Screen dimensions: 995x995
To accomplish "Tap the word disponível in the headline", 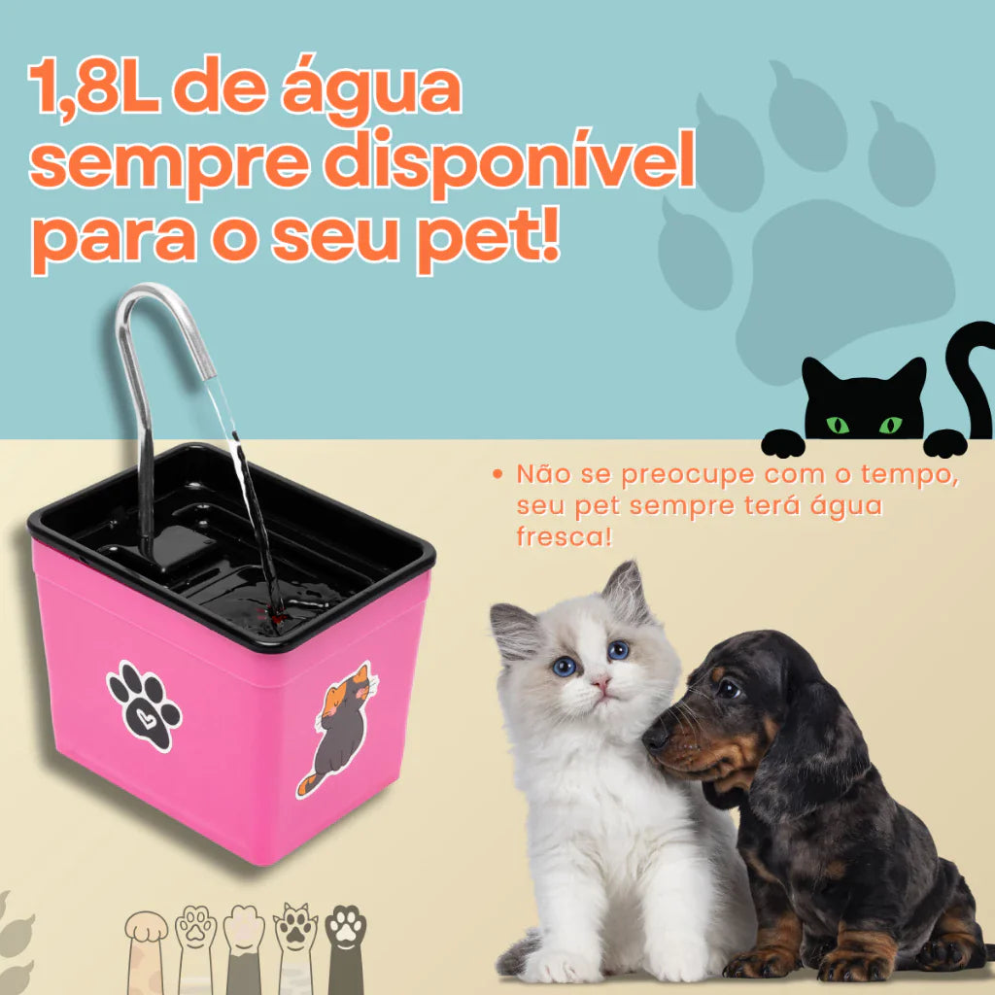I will (x=510, y=165).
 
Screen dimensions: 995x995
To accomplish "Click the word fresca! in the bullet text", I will (x=565, y=536).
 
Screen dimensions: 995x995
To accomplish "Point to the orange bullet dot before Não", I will (x=498, y=475).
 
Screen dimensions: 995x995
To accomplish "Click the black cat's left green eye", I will (x=836, y=425).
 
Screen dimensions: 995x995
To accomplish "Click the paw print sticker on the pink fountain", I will (x=144, y=705).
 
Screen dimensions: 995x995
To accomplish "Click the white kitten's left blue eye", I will (x=565, y=666).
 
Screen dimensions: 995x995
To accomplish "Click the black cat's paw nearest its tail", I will (x=943, y=443).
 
